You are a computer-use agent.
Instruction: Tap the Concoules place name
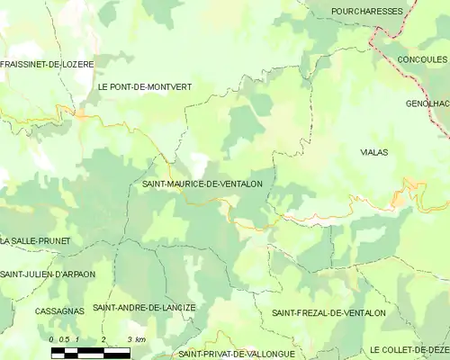[x=422, y=59]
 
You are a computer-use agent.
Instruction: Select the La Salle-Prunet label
[x=35, y=241]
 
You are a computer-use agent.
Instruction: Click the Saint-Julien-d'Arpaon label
[x=47, y=274]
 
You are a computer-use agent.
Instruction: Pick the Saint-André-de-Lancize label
[x=144, y=308]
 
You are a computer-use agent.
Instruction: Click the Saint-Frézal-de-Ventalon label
[x=328, y=313]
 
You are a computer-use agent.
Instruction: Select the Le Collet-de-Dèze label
[x=409, y=349]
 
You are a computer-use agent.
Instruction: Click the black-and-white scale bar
[x=90, y=352]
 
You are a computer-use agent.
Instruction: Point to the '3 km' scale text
[x=138, y=339]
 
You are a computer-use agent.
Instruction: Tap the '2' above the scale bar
[x=103, y=339]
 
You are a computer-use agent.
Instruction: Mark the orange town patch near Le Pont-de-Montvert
[x=81, y=115]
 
